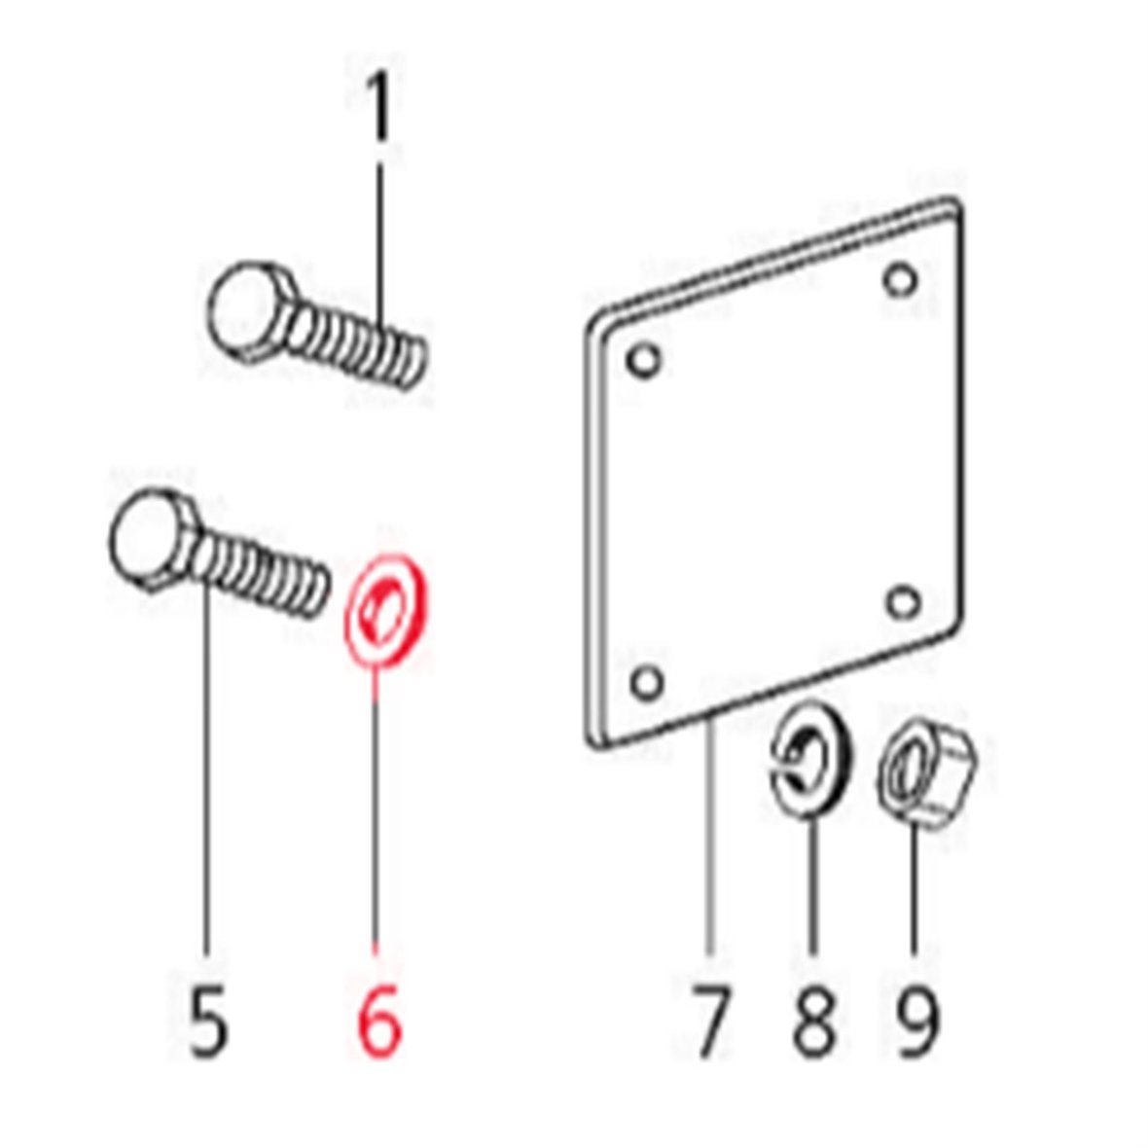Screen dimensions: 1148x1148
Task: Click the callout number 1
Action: point(379,109)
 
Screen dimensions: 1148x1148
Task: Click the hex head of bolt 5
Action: point(153,538)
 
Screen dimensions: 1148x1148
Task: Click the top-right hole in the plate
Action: point(900,280)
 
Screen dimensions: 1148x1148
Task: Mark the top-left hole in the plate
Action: point(644,360)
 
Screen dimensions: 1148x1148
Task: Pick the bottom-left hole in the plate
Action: point(647,683)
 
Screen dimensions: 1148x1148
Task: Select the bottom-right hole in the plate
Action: point(904,602)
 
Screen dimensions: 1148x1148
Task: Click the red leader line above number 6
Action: point(376,809)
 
